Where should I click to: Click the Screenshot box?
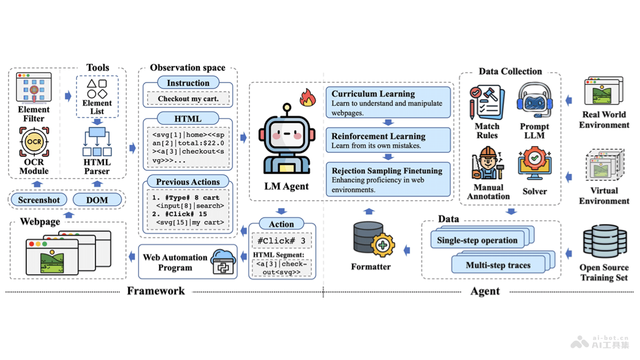tap(39, 200)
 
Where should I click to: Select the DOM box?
tap(97, 200)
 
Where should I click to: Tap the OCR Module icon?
tap(34, 142)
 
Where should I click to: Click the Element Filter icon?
tap(34, 89)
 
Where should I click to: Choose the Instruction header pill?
tap(188, 83)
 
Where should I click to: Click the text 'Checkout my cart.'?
tap(188, 99)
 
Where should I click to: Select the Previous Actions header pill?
tap(188, 182)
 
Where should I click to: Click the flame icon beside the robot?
tap(308, 98)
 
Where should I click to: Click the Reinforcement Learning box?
tap(388, 140)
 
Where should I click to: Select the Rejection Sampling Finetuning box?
tap(388, 180)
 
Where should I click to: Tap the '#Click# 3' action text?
tap(282, 241)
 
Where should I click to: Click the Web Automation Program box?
tap(187, 262)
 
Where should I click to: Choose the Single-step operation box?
tap(477, 240)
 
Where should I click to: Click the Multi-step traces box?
tap(498, 265)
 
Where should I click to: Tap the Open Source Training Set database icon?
tap(604, 243)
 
